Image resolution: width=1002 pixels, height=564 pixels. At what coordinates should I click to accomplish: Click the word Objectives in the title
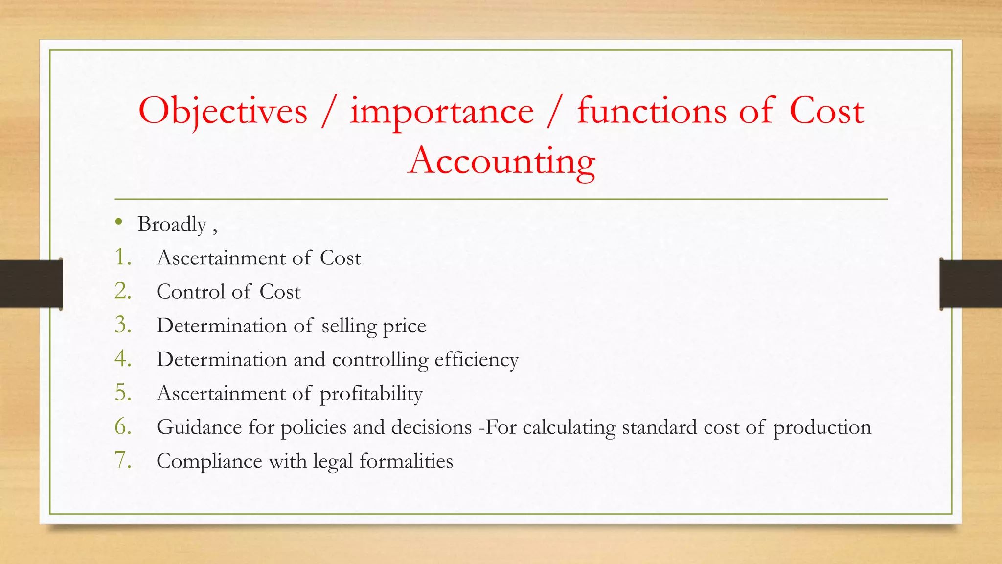[223, 112]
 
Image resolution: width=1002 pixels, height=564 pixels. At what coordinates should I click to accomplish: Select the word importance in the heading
[441, 112]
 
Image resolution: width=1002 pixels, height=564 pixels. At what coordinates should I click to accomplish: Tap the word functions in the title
[652, 111]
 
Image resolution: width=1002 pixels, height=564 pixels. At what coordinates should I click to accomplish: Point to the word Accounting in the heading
[501, 162]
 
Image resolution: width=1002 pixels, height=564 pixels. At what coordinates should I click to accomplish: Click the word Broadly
[172, 225]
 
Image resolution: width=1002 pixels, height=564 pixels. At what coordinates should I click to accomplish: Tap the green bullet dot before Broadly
[118, 222]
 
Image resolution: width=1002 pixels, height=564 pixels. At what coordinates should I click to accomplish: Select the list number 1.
[122, 258]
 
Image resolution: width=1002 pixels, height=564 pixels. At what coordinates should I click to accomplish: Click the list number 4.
[123, 359]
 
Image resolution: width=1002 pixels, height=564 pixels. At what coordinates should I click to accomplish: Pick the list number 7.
[123, 460]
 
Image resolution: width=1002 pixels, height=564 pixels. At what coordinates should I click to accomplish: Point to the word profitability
[371, 394]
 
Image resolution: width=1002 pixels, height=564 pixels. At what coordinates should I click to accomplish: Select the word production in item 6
[822, 427]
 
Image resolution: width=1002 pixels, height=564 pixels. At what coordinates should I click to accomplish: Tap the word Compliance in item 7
[209, 461]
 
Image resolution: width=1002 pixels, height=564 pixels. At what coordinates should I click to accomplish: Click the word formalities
[406, 461]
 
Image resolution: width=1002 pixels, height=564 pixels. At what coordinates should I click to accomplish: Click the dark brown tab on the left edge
[31, 284]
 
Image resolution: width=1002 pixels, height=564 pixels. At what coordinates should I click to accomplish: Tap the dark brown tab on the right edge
[971, 284]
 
